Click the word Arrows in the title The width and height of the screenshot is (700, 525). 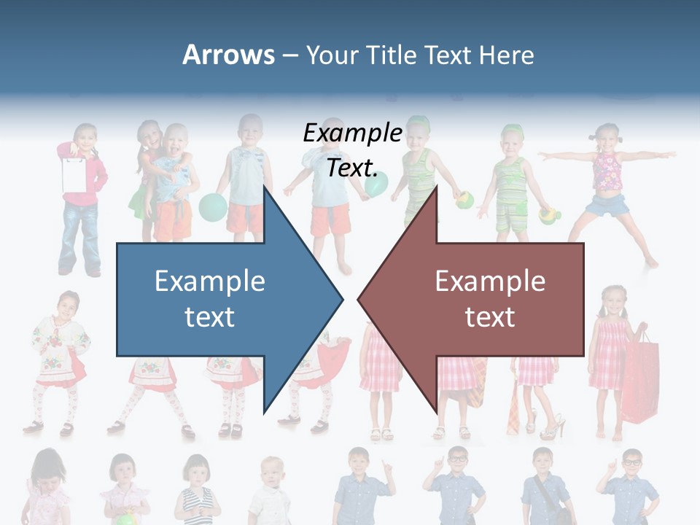click(x=228, y=55)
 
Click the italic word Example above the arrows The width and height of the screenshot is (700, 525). click(x=352, y=133)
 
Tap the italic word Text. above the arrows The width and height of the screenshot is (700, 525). click(x=352, y=168)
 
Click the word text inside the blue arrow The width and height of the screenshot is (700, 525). click(x=209, y=317)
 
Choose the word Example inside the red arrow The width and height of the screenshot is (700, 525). click(x=490, y=281)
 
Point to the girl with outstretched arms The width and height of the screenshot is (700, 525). click(x=607, y=182)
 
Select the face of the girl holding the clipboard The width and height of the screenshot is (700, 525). click(x=85, y=136)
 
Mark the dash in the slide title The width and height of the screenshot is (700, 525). click(x=289, y=55)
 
